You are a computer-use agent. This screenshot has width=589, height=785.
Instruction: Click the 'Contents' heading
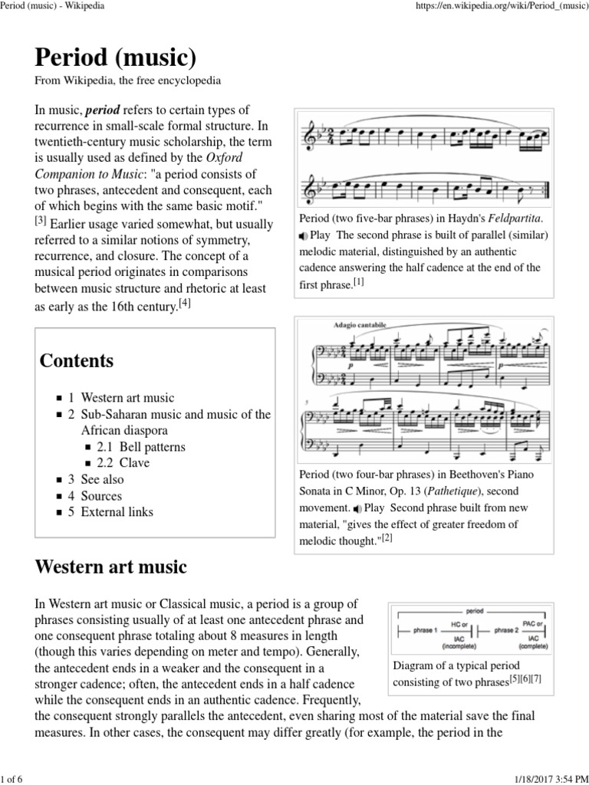[77, 360]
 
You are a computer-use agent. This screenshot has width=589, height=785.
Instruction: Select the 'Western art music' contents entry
[127, 398]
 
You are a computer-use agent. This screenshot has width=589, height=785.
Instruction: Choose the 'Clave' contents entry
[134, 463]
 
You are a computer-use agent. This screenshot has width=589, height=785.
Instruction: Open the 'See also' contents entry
[102, 479]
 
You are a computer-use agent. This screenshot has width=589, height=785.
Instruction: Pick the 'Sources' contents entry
[101, 496]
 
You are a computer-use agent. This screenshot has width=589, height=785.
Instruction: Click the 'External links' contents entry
[117, 512]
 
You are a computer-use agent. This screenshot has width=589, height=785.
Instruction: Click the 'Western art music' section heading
[111, 567]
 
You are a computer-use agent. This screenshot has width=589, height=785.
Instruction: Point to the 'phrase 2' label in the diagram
[505, 630]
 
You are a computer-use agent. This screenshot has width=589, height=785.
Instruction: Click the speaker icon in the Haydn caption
[303, 235]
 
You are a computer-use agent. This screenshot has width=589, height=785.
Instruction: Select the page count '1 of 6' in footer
[13, 774]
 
